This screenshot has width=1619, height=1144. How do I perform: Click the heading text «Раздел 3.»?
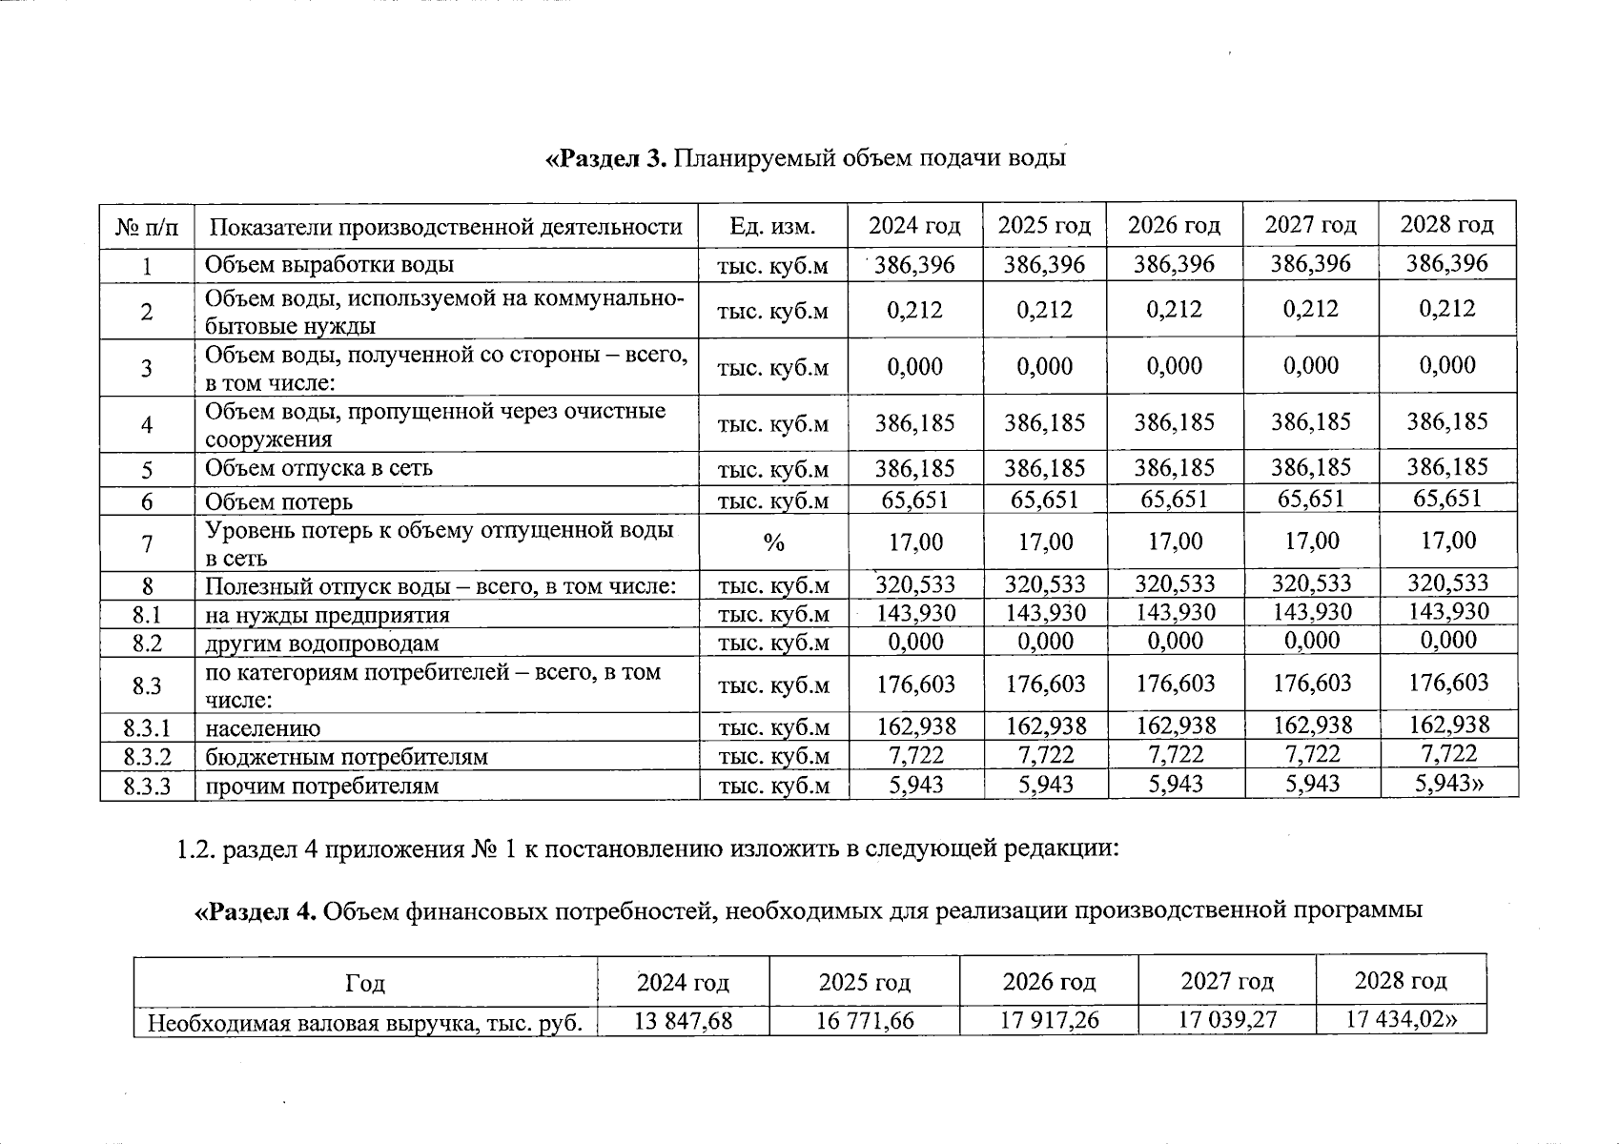pos(606,158)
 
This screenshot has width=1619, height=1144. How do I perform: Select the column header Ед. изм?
pos(772,226)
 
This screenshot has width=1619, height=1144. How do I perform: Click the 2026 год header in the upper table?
pos(1174,226)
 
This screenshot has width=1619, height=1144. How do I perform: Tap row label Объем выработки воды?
pos(330,264)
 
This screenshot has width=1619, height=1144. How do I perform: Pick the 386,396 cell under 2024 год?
pos(914,264)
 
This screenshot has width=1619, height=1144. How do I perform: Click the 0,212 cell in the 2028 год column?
pos(1446,309)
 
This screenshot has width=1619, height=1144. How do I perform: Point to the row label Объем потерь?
pos(279,501)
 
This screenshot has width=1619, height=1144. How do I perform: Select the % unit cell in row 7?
pos(773,542)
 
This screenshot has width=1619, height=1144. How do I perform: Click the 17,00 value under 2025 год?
pos(1045,542)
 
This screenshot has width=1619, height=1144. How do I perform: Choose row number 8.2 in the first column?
pos(147,643)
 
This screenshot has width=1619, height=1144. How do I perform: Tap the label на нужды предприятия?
pos(327,615)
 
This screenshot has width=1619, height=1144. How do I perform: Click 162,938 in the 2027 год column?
pos(1312,725)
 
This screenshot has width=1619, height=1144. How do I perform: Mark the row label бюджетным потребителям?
pos(347,757)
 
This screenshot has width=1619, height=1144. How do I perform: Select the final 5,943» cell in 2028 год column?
pos(1449,784)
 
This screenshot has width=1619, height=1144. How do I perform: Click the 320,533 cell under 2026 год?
pos(1175,583)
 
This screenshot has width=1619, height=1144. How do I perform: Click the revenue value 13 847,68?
pos(683,1021)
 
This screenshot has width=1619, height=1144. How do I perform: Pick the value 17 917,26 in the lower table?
pos(1049,1021)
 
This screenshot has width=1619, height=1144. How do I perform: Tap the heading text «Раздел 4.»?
pos(256,911)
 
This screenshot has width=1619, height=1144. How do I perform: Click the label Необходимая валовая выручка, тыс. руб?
pos(364,1024)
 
